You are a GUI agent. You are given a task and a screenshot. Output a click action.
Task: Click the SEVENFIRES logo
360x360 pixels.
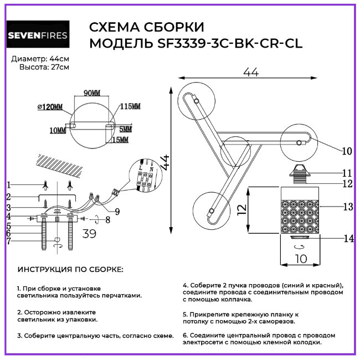(x=38, y=36)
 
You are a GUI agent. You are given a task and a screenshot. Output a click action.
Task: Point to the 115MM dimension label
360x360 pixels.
(x=131, y=106)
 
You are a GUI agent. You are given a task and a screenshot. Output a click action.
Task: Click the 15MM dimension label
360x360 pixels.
(x=120, y=140)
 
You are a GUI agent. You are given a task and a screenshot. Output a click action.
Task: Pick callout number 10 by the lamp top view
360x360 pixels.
(x=347, y=151)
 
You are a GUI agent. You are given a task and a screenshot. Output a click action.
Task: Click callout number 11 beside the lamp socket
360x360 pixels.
(x=347, y=172)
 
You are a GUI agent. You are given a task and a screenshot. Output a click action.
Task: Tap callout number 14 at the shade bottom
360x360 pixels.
(x=347, y=239)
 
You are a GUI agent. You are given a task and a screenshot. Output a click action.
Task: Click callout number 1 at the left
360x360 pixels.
(x=9, y=184)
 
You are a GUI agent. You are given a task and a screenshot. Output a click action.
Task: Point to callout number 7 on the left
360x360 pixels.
(x=9, y=241)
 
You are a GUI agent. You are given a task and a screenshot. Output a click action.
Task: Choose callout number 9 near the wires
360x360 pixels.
(x=117, y=210)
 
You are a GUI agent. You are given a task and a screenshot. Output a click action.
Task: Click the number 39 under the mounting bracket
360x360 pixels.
(x=89, y=234)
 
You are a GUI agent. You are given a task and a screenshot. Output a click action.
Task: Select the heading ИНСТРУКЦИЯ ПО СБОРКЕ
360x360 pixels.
(x=71, y=270)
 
